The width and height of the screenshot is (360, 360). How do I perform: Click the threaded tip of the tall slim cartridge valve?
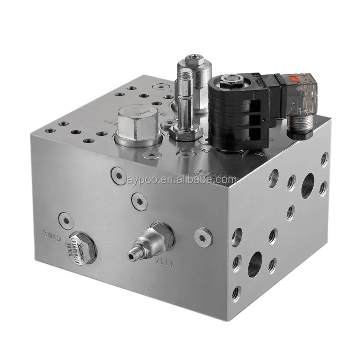coord(184,74)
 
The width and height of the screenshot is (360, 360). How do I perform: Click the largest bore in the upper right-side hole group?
coord(307,185)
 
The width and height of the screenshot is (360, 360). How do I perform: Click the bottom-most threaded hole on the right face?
coord(236,293)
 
